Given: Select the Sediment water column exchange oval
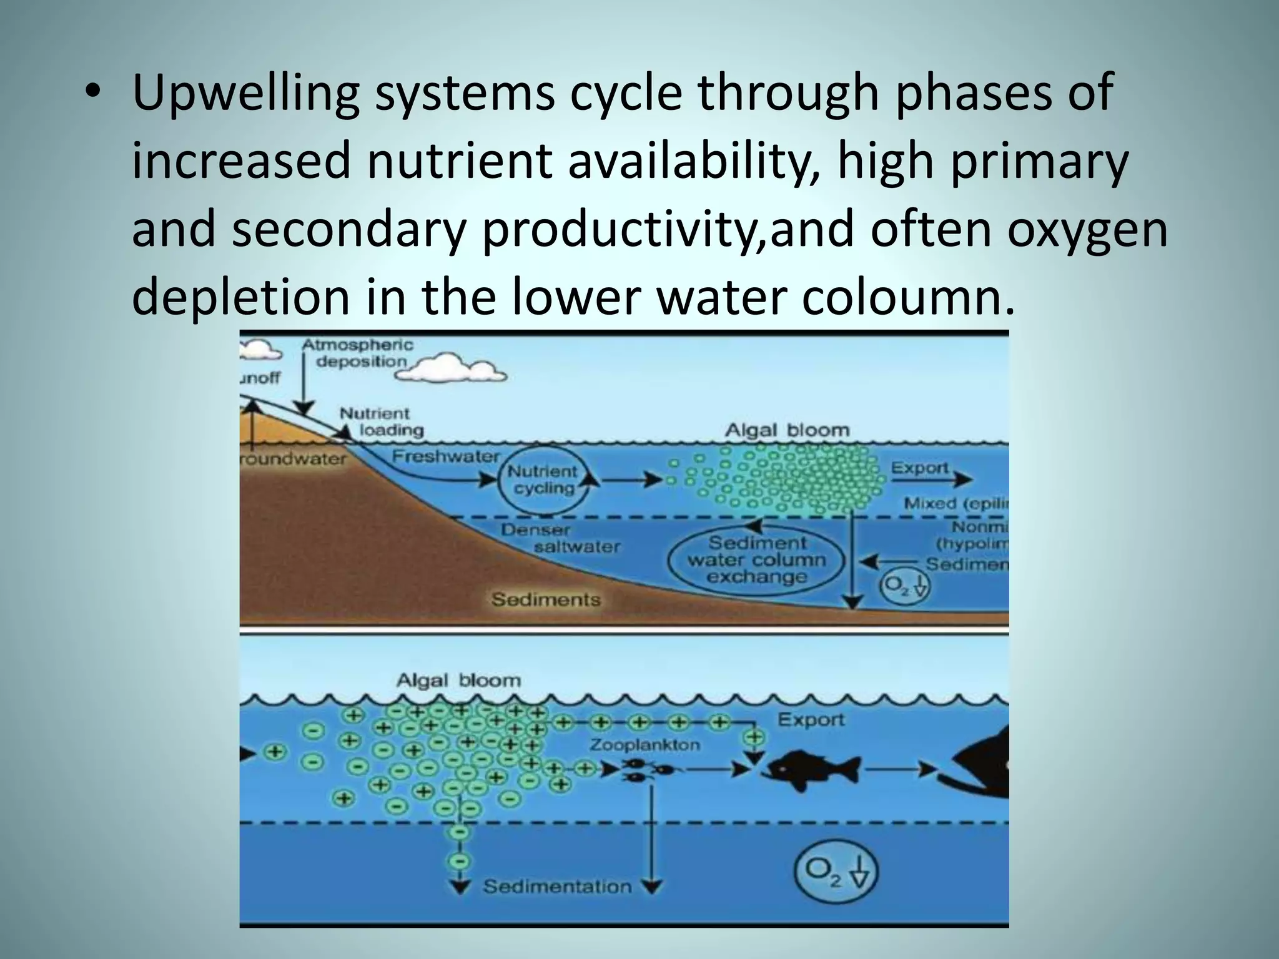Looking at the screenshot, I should click(x=756, y=559).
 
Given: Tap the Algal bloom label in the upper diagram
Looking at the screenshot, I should click(x=787, y=430).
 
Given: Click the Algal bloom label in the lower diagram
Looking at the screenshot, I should click(x=458, y=680).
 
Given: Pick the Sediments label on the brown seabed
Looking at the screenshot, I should click(x=545, y=599).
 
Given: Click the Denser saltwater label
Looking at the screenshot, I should click(x=560, y=538).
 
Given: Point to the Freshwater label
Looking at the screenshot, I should click(x=446, y=456).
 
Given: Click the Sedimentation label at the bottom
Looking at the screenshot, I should click(x=557, y=887).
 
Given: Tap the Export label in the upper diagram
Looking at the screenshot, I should click(x=919, y=468).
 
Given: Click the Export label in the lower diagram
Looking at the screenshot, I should click(x=811, y=720).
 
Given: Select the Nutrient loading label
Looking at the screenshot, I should click(x=381, y=421).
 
